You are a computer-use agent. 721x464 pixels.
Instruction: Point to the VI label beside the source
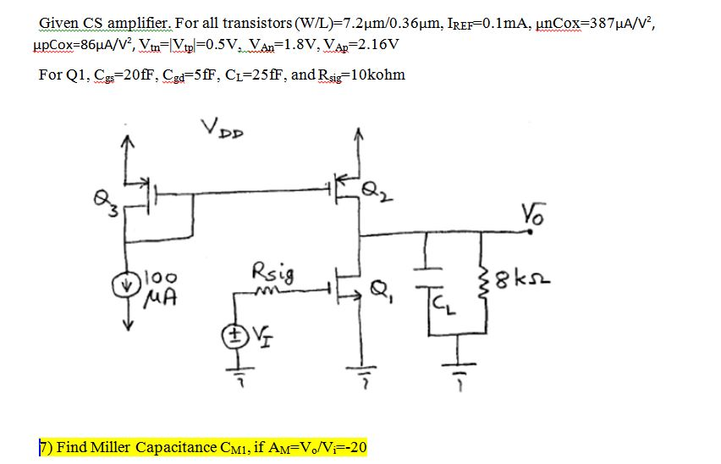(x=254, y=332)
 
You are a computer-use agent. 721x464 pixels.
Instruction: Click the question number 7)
(x=47, y=446)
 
